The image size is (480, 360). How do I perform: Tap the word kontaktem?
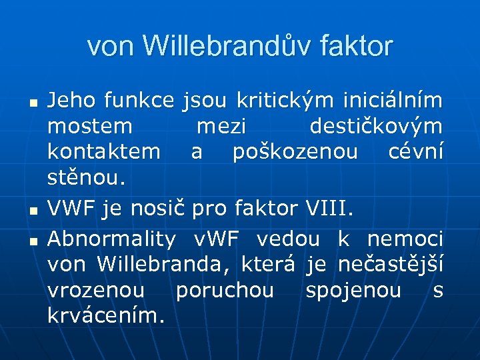point(103,152)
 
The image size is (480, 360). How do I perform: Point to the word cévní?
point(415,152)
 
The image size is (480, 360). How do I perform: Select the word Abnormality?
point(112,239)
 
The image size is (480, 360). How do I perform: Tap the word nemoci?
point(405,239)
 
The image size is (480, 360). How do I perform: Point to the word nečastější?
point(390,265)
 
